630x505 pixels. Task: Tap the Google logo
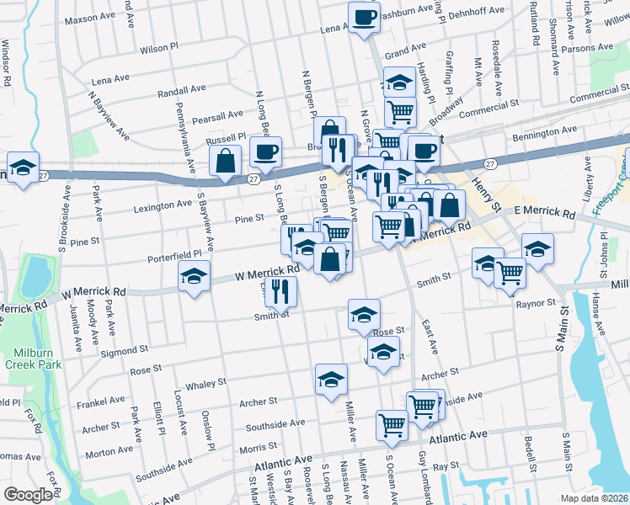pyautogui.click(x=28, y=494)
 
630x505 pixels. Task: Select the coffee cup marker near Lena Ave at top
pyautogui.click(x=364, y=18)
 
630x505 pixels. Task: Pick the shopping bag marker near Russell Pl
pyautogui.click(x=226, y=161)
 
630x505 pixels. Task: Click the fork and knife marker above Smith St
pyautogui.click(x=280, y=291)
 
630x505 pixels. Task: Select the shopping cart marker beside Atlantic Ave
pyautogui.click(x=392, y=424)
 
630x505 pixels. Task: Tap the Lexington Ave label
pyautogui.click(x=161, y=205)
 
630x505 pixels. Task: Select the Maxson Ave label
pyautogui.click(x=94, y=18)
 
